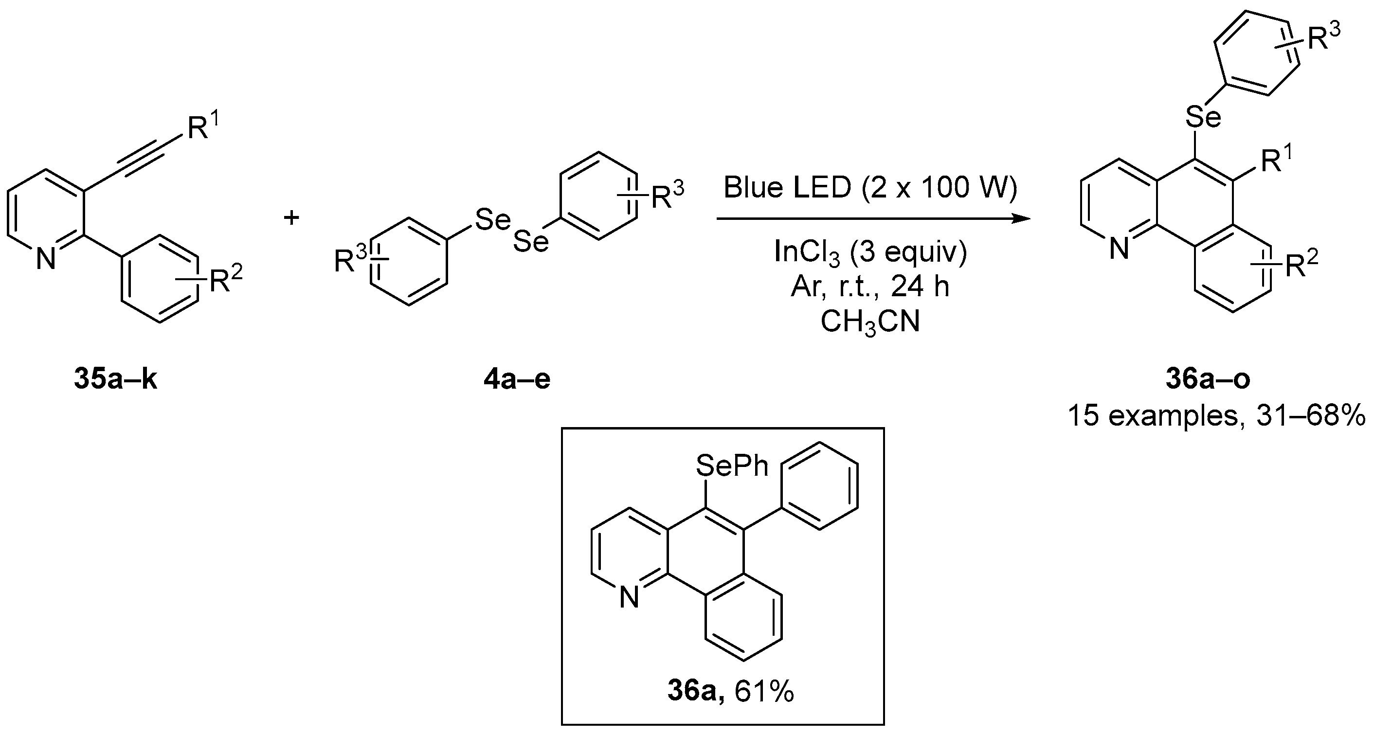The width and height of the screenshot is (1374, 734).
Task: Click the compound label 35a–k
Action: [x=115, y=380]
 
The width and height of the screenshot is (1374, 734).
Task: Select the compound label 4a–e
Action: [x=516, y=380]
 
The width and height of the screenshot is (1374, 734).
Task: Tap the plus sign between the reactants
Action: [x=291, y=217]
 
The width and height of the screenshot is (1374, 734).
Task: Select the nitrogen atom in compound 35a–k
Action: [x=46, y=260]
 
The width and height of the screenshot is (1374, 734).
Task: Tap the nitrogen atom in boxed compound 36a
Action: [x=630, y=598]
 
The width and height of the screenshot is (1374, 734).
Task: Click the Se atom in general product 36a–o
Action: [x=1203, y=117]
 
